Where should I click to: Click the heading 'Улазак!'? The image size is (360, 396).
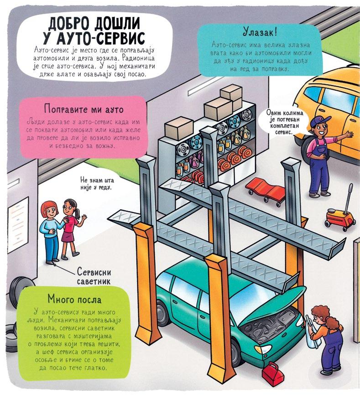pyautogui.click(x=260, y=32)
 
